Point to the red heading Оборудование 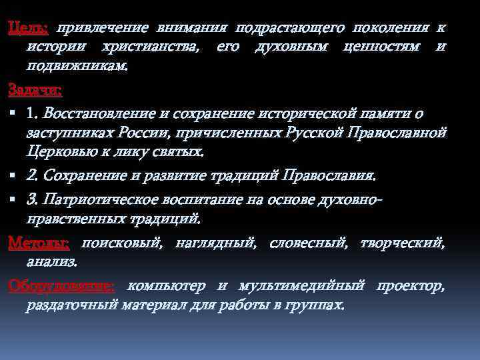tap(61, 287)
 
